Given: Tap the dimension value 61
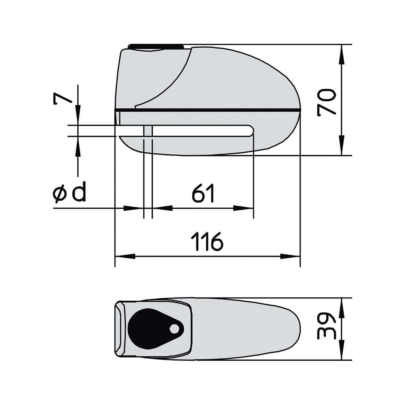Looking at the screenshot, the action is [x=203, y=193].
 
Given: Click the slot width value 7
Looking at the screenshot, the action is [x=63, y=98].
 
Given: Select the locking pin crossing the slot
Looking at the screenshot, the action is [x=148, y=131].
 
